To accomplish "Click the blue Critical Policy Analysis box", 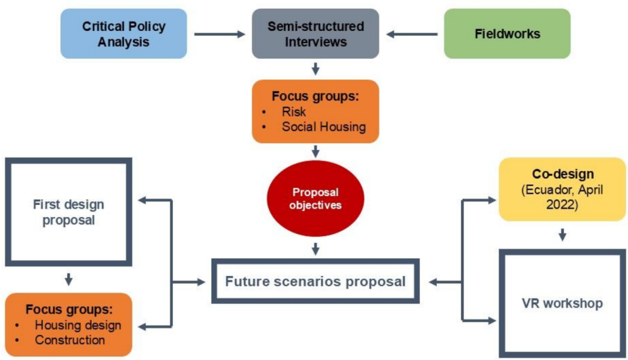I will coord(124,34).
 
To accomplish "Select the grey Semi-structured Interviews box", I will coord(315,34).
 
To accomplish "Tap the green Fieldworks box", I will coord(507,34).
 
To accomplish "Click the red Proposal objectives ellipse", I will coord(315,199).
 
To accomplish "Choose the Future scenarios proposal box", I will coord(315,281).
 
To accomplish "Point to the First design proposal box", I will coord(68,213).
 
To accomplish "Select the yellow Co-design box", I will coord(562,189).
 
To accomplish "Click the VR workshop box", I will coord(562,304).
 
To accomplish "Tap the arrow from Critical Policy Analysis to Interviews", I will coord(219,34).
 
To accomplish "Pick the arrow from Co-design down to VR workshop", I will coord(562,235).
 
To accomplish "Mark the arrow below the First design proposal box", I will coord(68,278).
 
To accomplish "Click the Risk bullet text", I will coord(294,111).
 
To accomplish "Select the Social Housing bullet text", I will coord(323,127).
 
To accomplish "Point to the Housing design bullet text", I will coord(78,325).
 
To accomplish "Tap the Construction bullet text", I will coord(70,340).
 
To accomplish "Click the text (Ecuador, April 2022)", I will coord(562,196).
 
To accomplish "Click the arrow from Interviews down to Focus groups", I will coord(315,69).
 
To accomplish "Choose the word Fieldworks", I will coord(507,34).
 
